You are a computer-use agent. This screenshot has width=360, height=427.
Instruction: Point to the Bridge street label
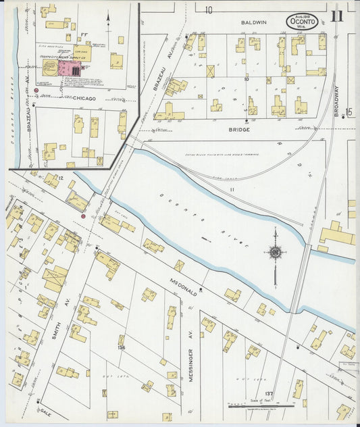[x=238, y=128]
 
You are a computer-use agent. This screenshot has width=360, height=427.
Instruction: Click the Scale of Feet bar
[x=260, y=406]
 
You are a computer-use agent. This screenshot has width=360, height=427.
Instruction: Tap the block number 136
[x=121, y=347]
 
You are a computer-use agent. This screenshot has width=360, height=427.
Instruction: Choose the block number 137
[x=269, y=393]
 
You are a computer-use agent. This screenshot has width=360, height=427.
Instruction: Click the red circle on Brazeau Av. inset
[x=36, y=89]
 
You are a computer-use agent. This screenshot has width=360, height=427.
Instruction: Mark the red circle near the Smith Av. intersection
[x=83, y=216]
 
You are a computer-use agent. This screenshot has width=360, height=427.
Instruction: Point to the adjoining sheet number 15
[x=349, y=112]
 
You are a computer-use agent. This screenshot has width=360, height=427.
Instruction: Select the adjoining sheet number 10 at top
[x=209, y=10]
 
